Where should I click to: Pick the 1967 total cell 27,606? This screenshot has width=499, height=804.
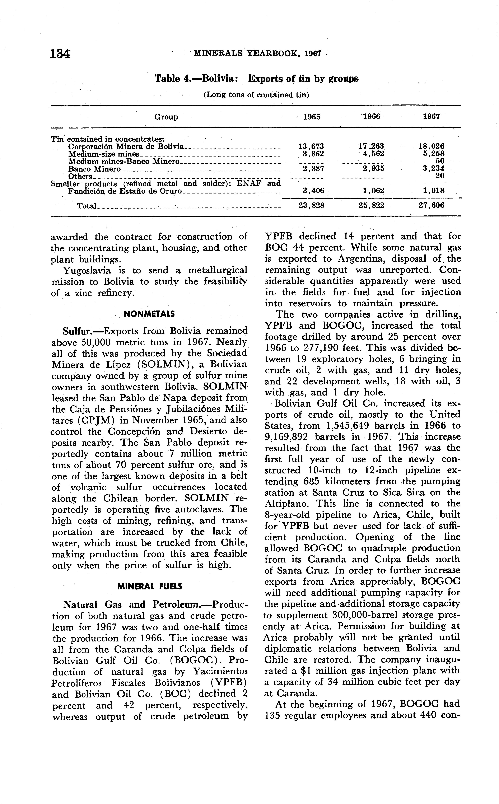pos(431,205)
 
